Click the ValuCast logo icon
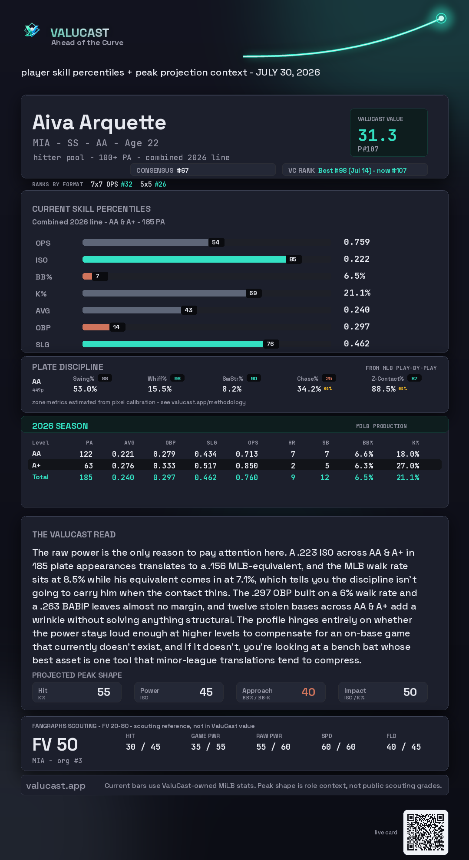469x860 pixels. [x=32, y=30]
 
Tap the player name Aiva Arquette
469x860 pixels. [x=99, y=122]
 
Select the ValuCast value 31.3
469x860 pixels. [x=377, y=135]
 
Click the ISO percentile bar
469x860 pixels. [x=184, y=259]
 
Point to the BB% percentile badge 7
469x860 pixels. [x=97, y=276]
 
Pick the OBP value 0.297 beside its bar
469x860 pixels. [x=357, y=326]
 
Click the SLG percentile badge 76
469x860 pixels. [x=270, y=344]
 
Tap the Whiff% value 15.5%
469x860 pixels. [x=160, y=389]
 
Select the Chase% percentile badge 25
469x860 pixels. [x=329, y=379]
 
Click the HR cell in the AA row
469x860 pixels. [x=293, y=454]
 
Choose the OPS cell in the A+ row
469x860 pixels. [x=247, y=466]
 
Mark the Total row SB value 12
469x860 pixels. [x=325, y=478]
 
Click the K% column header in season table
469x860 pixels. [x=416, y=443]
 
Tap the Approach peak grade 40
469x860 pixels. [x=308, y=692]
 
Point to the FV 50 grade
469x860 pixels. [x=55, y=745]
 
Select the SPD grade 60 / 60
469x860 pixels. [x=338, y=747]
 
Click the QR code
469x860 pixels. [x=426, y=832]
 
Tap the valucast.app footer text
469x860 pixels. [x=56, y=786]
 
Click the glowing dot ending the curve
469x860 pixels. [x=441, y=18]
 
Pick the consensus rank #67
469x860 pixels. [x=183, y=171]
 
